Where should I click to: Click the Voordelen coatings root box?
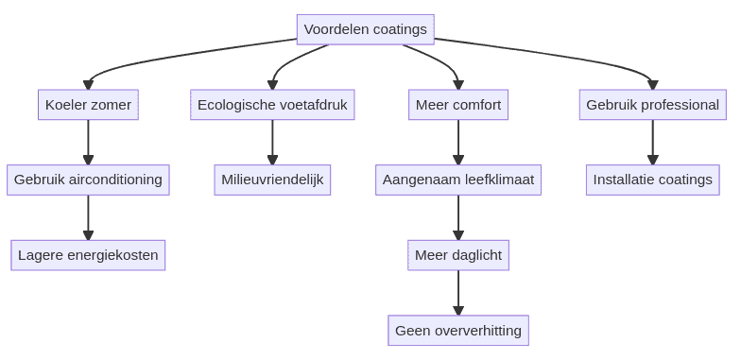pos(365,29)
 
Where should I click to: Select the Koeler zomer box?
pos(88,105)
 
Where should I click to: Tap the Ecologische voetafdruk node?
pos(272,105)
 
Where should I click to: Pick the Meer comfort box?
pos(458,105)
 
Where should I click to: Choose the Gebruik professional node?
pos(652,105)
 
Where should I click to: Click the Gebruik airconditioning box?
pos(88,180)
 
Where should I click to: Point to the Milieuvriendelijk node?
pos(272,180)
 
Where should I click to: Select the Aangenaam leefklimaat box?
pos(458,180)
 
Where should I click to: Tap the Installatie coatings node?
pos(652,180)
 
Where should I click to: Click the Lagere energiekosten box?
pos(88,255)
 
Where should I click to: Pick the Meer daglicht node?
pos(458,255)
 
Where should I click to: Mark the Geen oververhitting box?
pos(458,331)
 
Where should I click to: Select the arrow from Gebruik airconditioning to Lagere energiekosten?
pos(88,217)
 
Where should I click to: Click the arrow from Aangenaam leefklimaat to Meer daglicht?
pos(458,217)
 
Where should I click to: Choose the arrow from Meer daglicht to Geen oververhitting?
pos(458,293)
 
